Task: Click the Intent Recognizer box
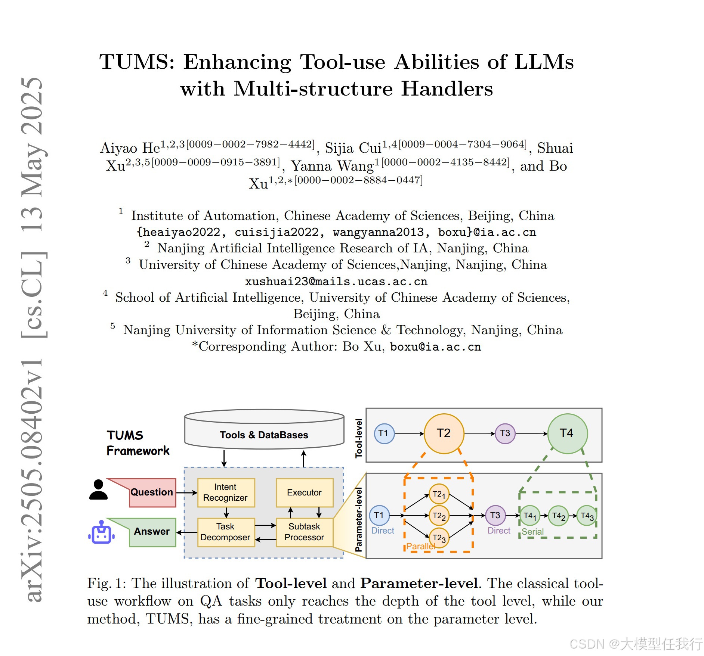[226, 492]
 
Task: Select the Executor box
[304, 492]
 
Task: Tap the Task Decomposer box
[226, 532]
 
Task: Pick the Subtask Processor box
[304, 532]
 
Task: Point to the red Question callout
[151, 492]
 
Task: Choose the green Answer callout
[151, 532]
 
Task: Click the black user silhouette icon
[98, 489]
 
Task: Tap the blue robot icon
[101, 533]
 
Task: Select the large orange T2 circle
[444, 433]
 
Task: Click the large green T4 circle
[567, 433]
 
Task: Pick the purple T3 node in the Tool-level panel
[505, 433]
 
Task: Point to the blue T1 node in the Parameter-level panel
[379, 516]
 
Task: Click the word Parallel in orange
[420, 546]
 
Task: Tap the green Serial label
[532, 532]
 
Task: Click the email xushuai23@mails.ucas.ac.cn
[336, 282]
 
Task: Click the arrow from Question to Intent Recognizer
[186, 492]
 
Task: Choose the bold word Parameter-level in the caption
[419, 583]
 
